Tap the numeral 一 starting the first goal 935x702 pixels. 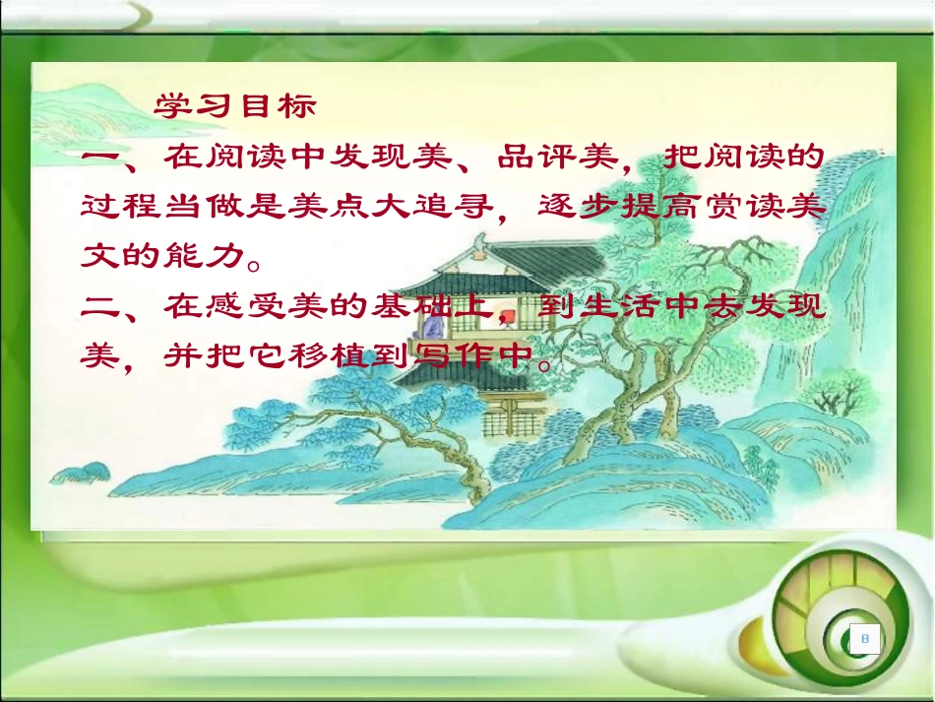[101, 157]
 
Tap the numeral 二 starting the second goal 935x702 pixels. [101, 306]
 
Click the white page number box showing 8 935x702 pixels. [865, 640]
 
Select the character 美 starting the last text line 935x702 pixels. [101, 355]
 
